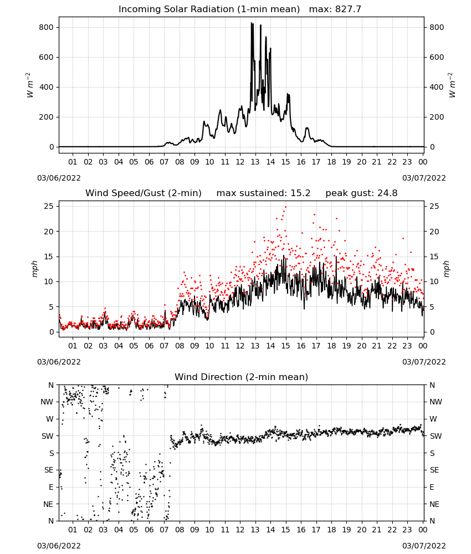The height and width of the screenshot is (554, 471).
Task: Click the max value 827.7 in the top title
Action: (x=348, y=9)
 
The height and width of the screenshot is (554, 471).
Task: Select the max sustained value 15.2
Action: (x=300, y=193)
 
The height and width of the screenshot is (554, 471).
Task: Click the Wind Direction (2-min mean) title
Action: (x=242, y=377)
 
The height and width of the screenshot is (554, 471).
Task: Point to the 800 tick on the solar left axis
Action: (x=46, y=28)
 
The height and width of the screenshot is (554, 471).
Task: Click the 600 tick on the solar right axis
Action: (x=437, y=57)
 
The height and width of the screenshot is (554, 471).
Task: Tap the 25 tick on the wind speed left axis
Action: (x=49, y=206)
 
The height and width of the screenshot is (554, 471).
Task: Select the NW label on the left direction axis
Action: (x=47, y=402)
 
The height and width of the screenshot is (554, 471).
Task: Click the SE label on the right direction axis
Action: (x=434, y=470)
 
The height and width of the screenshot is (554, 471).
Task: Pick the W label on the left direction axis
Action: (x=50, y=419)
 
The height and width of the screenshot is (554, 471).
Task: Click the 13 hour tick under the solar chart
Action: (x=255, y=162)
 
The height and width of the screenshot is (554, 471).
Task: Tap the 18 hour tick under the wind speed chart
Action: (x=331, y=346)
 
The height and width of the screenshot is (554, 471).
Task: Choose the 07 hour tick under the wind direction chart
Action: (x=164, y=530)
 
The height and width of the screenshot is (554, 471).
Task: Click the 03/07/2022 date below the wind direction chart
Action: (x=424, y=546)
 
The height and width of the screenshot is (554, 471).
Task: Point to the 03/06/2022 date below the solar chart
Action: (x=59, y=178)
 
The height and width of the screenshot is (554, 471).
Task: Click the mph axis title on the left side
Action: (x=34, y=269)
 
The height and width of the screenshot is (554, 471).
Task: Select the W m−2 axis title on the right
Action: (x=452, y=85)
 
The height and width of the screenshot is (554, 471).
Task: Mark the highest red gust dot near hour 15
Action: (x=285, y=207)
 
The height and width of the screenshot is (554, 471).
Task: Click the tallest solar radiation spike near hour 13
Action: (x=252, y=23)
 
